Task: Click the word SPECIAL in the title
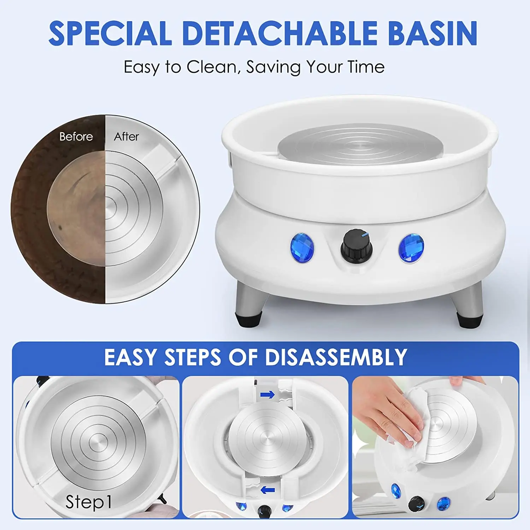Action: (x=110, y=33)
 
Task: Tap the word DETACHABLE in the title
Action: (x=280, y=33)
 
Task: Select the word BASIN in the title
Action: (x=433, y=33)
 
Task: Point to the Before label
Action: (x=76, y=136)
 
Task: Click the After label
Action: (x=126, y=136)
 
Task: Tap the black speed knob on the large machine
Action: (x=357, y=246)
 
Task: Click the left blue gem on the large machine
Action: (x=302, y=248)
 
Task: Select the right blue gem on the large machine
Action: (x=411, y=248)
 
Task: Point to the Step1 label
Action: (x=89, y=502)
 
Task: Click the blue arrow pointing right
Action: (x=267, y=394)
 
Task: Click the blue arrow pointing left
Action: (x=267, y=490)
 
